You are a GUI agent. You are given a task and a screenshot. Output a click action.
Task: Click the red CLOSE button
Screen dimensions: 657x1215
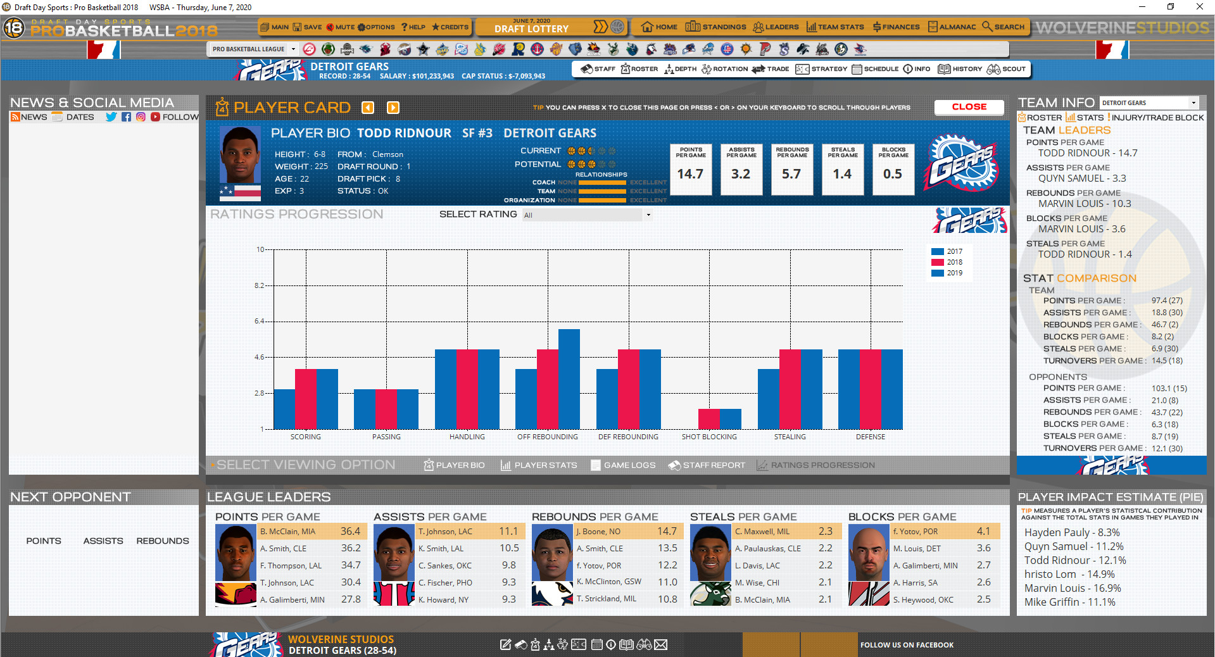[x=969, y=107]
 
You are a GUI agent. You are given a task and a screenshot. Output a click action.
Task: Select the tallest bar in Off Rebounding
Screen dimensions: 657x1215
[x=569, y=379]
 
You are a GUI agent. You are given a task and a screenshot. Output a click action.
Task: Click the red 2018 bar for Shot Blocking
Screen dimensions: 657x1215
[x=708, y=419]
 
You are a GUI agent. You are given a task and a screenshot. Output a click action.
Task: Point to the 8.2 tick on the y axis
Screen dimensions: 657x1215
[x=260, y=285]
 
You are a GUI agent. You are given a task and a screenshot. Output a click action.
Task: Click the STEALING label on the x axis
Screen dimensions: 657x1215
[x=790, y=437]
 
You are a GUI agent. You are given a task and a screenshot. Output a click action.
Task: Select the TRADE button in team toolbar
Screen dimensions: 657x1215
[x=771, y=69]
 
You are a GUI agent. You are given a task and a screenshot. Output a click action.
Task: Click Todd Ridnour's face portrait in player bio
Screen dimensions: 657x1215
[x=240, y=155]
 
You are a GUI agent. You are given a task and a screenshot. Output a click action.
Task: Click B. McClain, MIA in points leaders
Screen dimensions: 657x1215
[x=287, y=532]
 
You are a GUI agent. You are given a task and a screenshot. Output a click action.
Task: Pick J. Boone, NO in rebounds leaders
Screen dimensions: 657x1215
[x=598, y=532]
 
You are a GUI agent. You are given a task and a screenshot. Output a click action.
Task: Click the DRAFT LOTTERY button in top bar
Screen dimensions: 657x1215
[x=532, y=27]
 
